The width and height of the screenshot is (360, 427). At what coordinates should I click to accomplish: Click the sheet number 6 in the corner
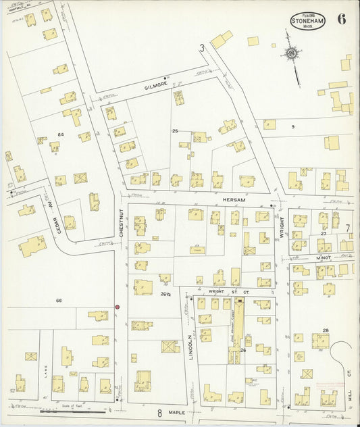342,18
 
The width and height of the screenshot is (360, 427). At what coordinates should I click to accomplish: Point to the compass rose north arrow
292,54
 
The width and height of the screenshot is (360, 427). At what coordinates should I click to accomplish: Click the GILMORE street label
155,87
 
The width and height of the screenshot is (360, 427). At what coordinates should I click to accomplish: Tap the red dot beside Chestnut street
117,307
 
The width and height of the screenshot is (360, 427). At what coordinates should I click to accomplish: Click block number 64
60,134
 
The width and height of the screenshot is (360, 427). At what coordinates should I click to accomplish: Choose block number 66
59,300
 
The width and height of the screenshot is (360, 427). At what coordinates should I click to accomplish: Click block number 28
326,330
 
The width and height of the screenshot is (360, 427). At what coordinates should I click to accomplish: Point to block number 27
323,233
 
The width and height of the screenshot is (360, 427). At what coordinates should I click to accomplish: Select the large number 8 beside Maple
160,412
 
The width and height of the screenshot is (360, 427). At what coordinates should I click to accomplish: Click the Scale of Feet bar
84,410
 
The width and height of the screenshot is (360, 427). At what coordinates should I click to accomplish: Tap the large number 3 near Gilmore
201,47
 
